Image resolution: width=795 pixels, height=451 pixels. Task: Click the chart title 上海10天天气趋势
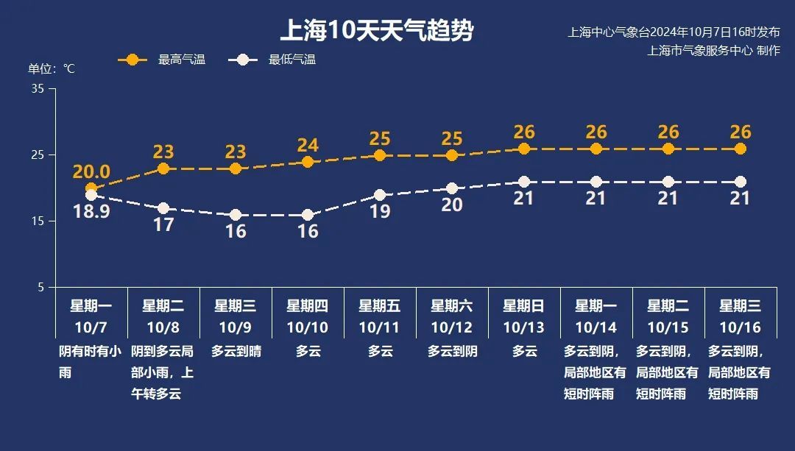coord(376,32)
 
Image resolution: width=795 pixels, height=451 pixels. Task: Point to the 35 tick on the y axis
coord(38,89)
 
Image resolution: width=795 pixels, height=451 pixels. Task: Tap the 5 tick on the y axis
coord(41,288)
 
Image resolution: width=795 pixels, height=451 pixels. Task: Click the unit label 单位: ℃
coord(52,69)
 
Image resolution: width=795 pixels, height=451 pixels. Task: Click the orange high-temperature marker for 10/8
coord(163,168)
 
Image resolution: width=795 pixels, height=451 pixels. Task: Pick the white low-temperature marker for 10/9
coord(236,215)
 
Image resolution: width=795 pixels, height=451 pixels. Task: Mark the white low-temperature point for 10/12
coord(452,188)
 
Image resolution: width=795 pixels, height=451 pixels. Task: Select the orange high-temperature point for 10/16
coord(741,149)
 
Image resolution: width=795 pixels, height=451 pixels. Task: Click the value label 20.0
coord(91,172)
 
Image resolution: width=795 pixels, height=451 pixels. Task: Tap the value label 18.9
coord(91,212)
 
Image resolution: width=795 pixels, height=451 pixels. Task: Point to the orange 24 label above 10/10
coord(308,145)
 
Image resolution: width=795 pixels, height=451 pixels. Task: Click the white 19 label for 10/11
coord(380,212)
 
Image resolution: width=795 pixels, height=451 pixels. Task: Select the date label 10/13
coord(524,327)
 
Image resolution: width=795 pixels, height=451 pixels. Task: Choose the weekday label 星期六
coord(452,306)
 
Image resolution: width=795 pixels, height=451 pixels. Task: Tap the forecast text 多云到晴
coord(236,352)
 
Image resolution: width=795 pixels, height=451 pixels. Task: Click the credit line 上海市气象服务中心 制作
coord(713,51)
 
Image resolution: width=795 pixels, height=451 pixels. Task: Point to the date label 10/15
coord(668,327)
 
